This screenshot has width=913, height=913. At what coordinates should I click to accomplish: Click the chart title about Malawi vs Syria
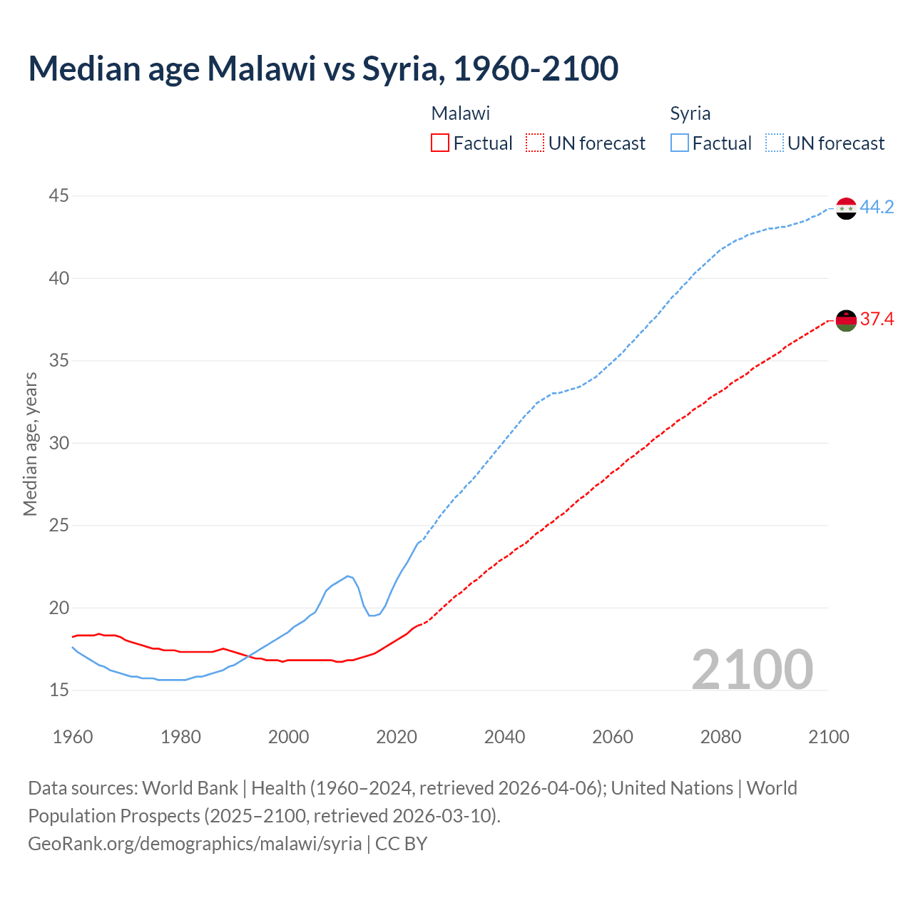click(323, 68)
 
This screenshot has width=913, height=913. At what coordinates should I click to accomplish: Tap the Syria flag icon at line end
click(846, 208)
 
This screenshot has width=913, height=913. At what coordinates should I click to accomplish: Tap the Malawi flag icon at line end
click(846, 320)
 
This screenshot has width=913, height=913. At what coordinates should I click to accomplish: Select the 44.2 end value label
click(877, 207)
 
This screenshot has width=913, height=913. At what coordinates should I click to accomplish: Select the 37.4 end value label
click(877, 319)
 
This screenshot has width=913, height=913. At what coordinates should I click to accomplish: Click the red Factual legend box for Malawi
click(440, 143)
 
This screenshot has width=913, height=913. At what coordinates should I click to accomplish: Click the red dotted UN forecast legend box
click(534, 143)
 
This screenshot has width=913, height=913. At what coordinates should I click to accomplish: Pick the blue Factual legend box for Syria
click(680, 143)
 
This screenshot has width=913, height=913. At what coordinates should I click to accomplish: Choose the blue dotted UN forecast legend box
click(774, 143)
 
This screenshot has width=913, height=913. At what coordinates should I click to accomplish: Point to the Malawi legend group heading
click(461, 113)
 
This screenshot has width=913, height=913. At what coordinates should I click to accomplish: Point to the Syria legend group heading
click(690, 113)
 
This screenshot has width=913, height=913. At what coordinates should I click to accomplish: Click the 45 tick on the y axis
click(59, 195)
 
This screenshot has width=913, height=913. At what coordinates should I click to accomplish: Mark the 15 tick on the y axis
click(59, 690)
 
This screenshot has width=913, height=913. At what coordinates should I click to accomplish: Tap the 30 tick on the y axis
click(59, 443)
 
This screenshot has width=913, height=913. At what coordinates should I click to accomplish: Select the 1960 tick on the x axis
click(73, 737)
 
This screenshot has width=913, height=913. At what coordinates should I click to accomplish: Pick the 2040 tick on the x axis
click(504, 737)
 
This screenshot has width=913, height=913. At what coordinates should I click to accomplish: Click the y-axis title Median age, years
click(30, 444)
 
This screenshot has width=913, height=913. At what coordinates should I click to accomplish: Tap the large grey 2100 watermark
click(752, 669)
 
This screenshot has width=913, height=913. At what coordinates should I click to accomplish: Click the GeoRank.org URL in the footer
click(195, 843)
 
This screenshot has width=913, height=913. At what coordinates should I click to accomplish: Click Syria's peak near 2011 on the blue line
click(347, 576)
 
